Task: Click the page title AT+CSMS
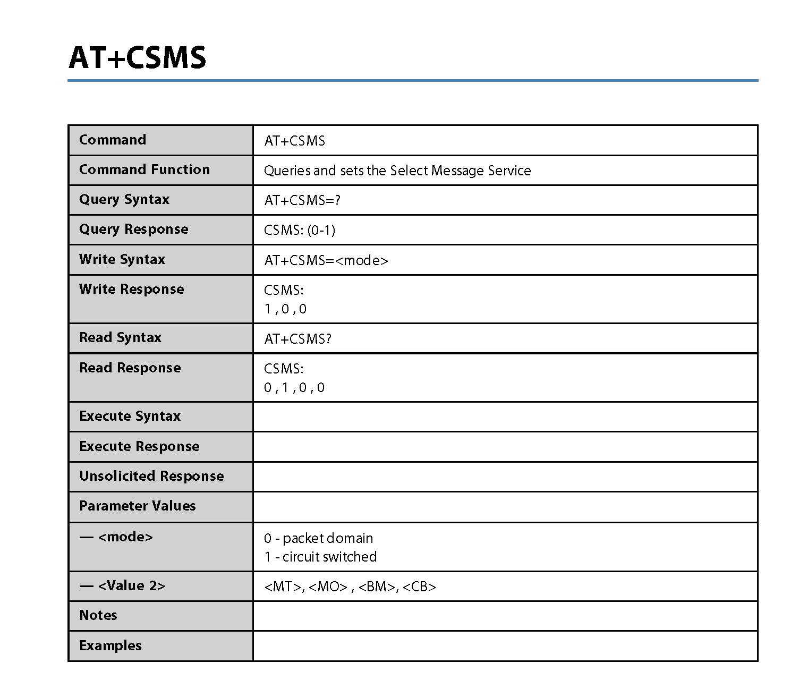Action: point(137,57)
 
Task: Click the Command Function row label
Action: point(144,169)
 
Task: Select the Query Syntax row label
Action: point(124,199)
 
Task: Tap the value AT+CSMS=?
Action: point(302,200)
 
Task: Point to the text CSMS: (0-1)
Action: point(300,230)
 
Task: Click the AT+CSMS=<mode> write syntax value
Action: point(326,260)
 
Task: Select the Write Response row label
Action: point(131,289)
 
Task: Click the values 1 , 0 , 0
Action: point(285,309)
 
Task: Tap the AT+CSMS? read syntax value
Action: point(297,339)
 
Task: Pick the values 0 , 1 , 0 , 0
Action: point(294,388)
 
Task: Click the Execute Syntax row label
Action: point(130,416)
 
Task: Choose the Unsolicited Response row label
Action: point(151,476)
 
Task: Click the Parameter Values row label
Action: point(137,506)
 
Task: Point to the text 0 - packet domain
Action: point(318,538)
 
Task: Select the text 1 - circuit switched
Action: point(320,557)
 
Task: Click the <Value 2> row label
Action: point(122,585)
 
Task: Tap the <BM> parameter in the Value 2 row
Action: point(378,587)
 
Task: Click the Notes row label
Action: point(98,615)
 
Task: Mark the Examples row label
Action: point(110,645)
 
